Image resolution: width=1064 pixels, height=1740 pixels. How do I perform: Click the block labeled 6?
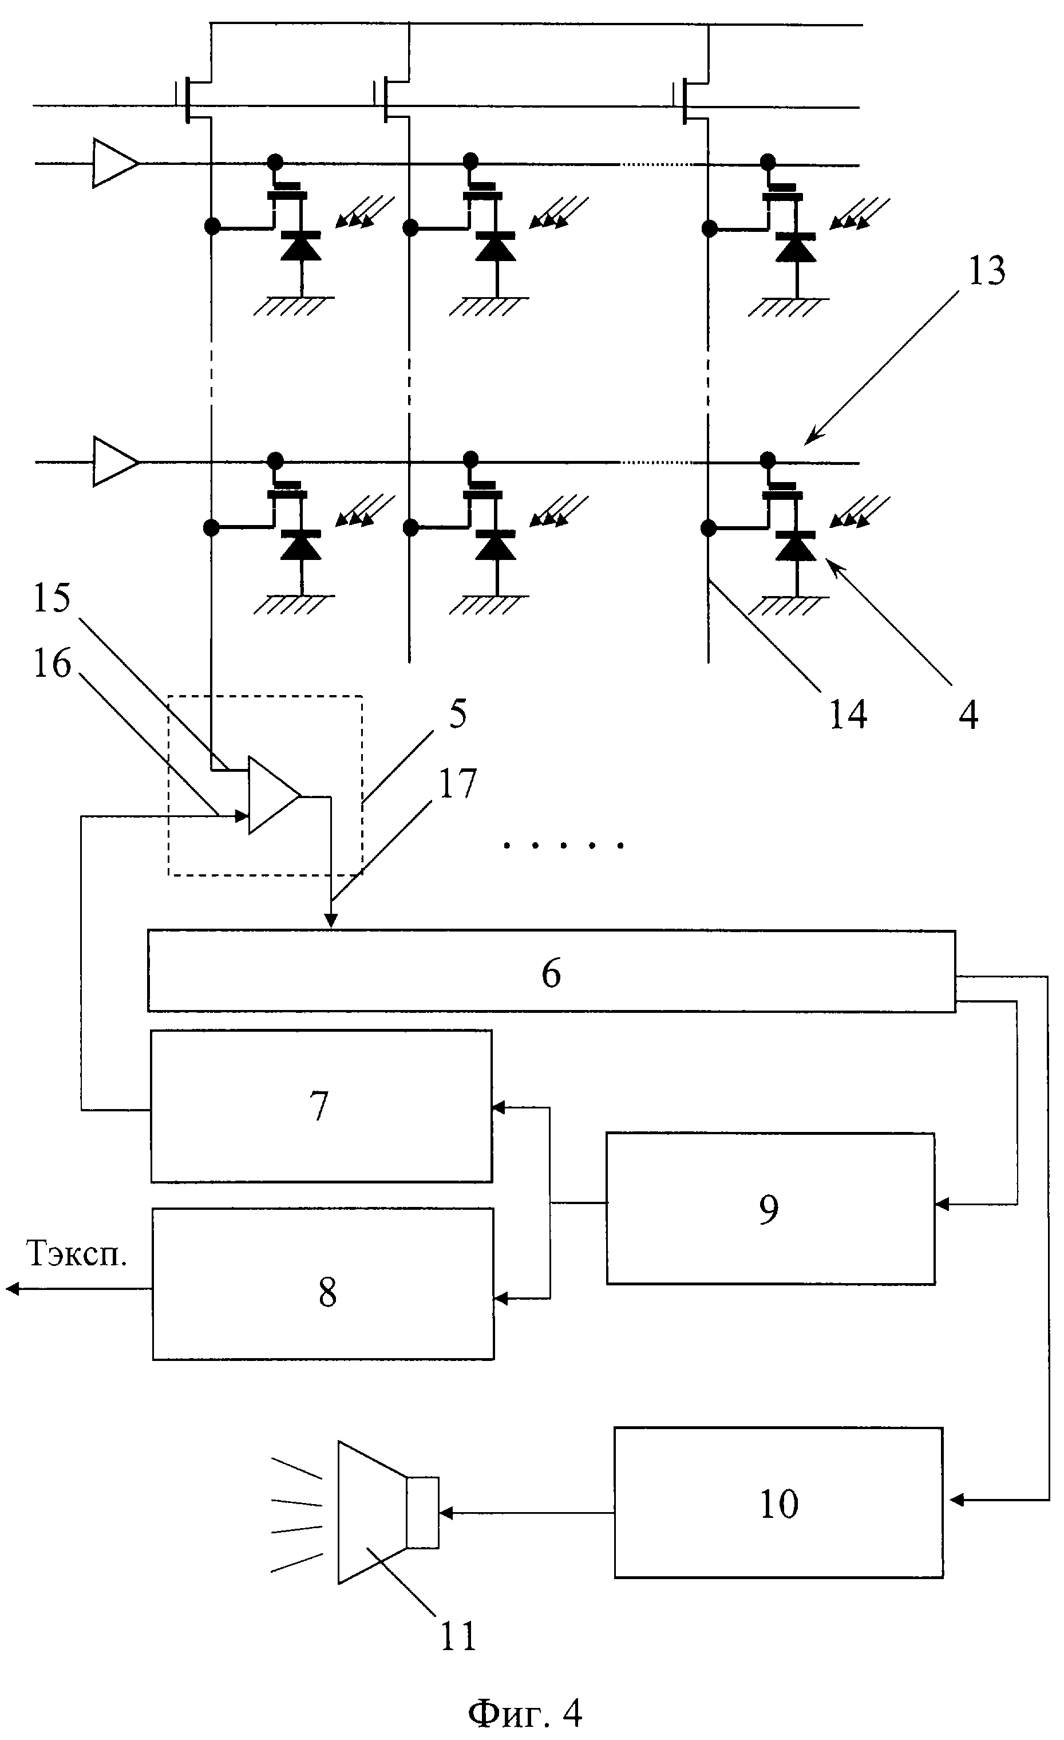tap(551, 971)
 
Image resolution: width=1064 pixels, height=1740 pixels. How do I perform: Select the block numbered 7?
tap(321, 1106)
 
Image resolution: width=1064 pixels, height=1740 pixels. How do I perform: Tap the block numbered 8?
tap(323, 1292)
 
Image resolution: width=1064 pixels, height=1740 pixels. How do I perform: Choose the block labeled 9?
tap(770, 1208)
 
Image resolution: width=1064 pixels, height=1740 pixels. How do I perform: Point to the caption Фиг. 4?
tap(526, 1710)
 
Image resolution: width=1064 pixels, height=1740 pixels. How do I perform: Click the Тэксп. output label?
tap(76, 1253)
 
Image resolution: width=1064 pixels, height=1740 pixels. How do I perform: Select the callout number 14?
tap(847, 714)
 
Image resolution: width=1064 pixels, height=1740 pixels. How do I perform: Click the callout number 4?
tap(968, 714)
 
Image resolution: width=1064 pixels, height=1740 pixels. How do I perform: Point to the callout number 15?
tap(52, 598)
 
